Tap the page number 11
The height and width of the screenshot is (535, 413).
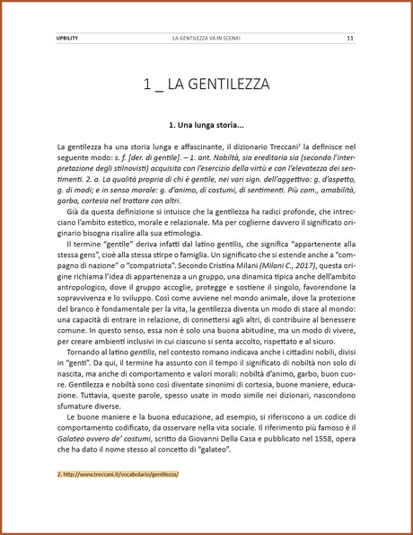coord(350,39)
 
